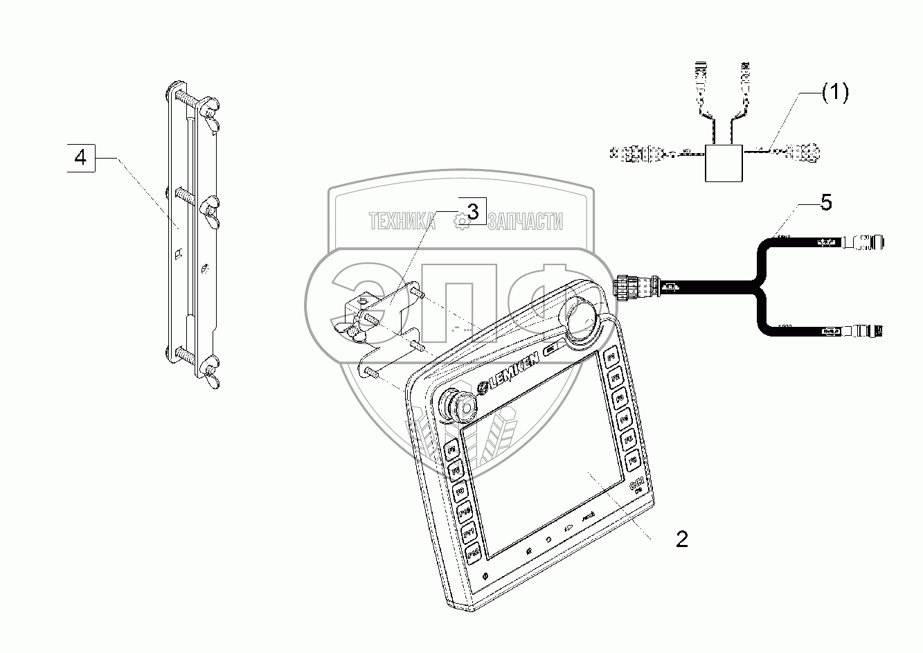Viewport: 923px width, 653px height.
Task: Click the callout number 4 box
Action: [x=81, y=158]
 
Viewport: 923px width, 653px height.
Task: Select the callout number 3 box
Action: [x=472, y=212]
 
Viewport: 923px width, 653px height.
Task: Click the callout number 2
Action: [x=681, y=539]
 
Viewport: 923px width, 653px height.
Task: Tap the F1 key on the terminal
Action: [x=610, y=357]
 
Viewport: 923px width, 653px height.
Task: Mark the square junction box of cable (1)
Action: [x=723, y=162]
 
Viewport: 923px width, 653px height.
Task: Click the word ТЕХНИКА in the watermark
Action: [x=401, y=222]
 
